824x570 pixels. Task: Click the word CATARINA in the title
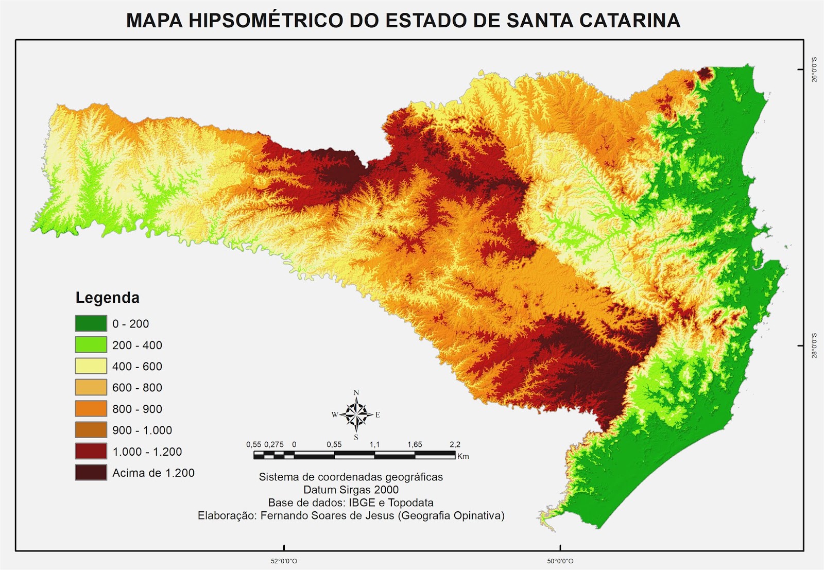(x=629, y=21)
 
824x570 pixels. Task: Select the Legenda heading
(x=107, y=298)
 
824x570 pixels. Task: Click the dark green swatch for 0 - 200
(x=91, y=323)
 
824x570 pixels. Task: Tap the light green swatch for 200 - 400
(x=91, y=345)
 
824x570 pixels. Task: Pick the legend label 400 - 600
(x=137, y=366)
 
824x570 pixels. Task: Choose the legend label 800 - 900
(x=137, y=409)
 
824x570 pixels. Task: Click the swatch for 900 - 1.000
(x=91, y=430)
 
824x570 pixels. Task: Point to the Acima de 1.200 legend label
(x=153, y=473)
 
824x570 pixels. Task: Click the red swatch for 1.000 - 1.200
(x=91, y=452)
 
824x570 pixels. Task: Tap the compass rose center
(x=356, y=414)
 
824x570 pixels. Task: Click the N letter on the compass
(x=356, y=393)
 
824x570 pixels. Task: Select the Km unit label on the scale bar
(x=463, y=456)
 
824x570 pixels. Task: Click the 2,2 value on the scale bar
(x=455, y=444)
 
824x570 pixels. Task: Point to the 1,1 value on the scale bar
(x=374, y=444)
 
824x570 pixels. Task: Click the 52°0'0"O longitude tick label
(x=284, y=561)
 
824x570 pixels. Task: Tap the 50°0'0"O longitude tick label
(x=560, y=561)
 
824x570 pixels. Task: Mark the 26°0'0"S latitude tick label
(x=814, y=70)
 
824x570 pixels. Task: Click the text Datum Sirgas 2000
(x=351, y=490)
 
